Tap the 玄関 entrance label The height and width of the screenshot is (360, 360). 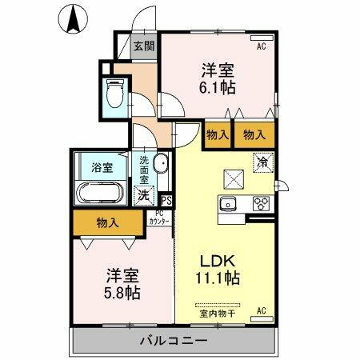point(144,46)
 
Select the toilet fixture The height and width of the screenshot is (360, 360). point(114,95)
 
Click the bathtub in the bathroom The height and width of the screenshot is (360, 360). point(98,194)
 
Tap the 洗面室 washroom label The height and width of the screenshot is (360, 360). point(144,170)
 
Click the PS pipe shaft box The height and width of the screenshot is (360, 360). point(166,202)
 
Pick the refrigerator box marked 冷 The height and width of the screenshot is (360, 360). point(262,162)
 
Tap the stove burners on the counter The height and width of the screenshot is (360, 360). point(262,204)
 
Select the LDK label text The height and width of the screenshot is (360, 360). point(217,262)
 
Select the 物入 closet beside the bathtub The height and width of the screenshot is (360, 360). point(108,222)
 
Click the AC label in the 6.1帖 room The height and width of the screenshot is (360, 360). point(261,47)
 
